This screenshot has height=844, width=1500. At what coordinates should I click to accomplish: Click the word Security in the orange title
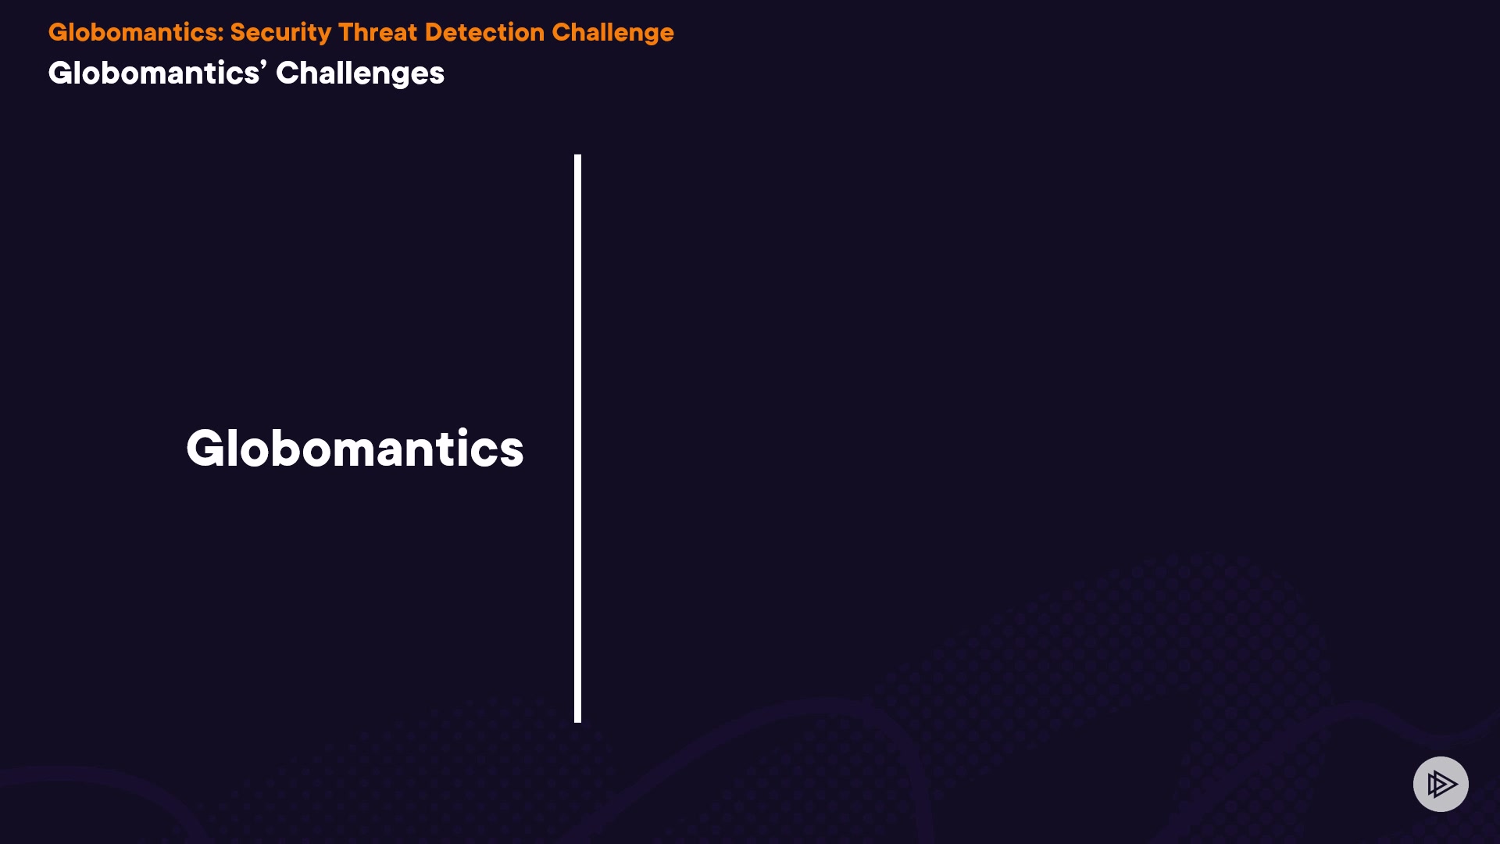click(280, 33)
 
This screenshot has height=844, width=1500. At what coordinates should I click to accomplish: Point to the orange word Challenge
click(612, 33)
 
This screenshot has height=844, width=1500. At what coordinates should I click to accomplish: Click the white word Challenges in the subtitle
click(360, 73)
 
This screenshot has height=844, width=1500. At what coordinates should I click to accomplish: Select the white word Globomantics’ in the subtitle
click(157, 73)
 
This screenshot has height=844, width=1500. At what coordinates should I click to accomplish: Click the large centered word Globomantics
click(355, 449)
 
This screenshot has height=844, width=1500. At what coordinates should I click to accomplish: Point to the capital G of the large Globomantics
click(207, 449)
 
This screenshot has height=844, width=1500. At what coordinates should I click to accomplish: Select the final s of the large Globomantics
click(510, 453)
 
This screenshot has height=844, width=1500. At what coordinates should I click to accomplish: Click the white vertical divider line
click(578, 438)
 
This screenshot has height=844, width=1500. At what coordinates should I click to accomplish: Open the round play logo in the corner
click(1441, 784)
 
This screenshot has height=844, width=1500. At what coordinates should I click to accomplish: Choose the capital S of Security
click(238, 32)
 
